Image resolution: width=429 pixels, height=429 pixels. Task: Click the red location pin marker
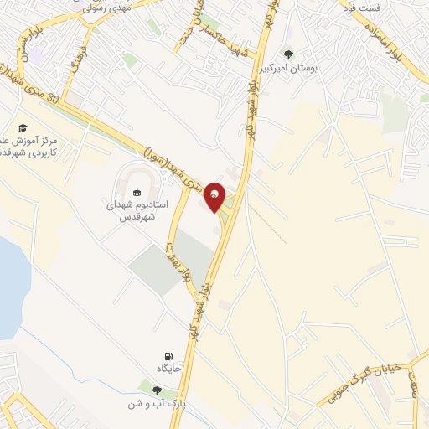click(215, 197)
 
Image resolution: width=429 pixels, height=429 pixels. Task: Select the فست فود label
click(363, 8)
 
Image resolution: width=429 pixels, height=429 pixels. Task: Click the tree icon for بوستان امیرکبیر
click(289, 54)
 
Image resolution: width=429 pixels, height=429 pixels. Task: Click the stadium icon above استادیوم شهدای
click(137, 192)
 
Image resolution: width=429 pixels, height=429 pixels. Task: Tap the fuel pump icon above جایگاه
click(168, 356)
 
